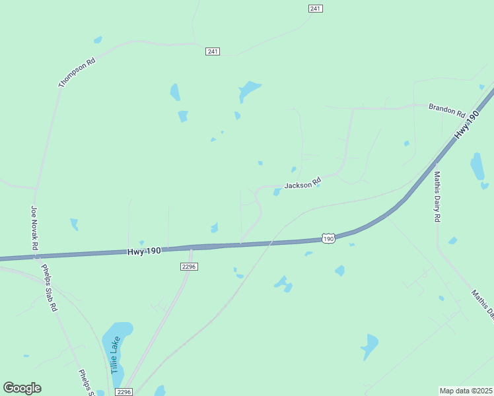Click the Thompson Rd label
(77, 73)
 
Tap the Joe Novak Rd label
(35, 228)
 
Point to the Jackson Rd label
(302, 184)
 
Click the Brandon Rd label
(447, 110)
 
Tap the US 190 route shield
(328, 238)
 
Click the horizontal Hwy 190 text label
(144, 251)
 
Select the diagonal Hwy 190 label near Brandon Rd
(466, 125)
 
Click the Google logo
(22, 388)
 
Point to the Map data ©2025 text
(466, 390)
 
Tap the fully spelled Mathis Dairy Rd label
(437, 197)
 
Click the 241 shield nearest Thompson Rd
(212, 51)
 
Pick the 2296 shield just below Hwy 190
(189, 266)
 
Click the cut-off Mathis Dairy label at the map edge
(482, 304)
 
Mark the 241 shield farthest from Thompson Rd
(315, 8)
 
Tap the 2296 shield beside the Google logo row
(123, 391)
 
